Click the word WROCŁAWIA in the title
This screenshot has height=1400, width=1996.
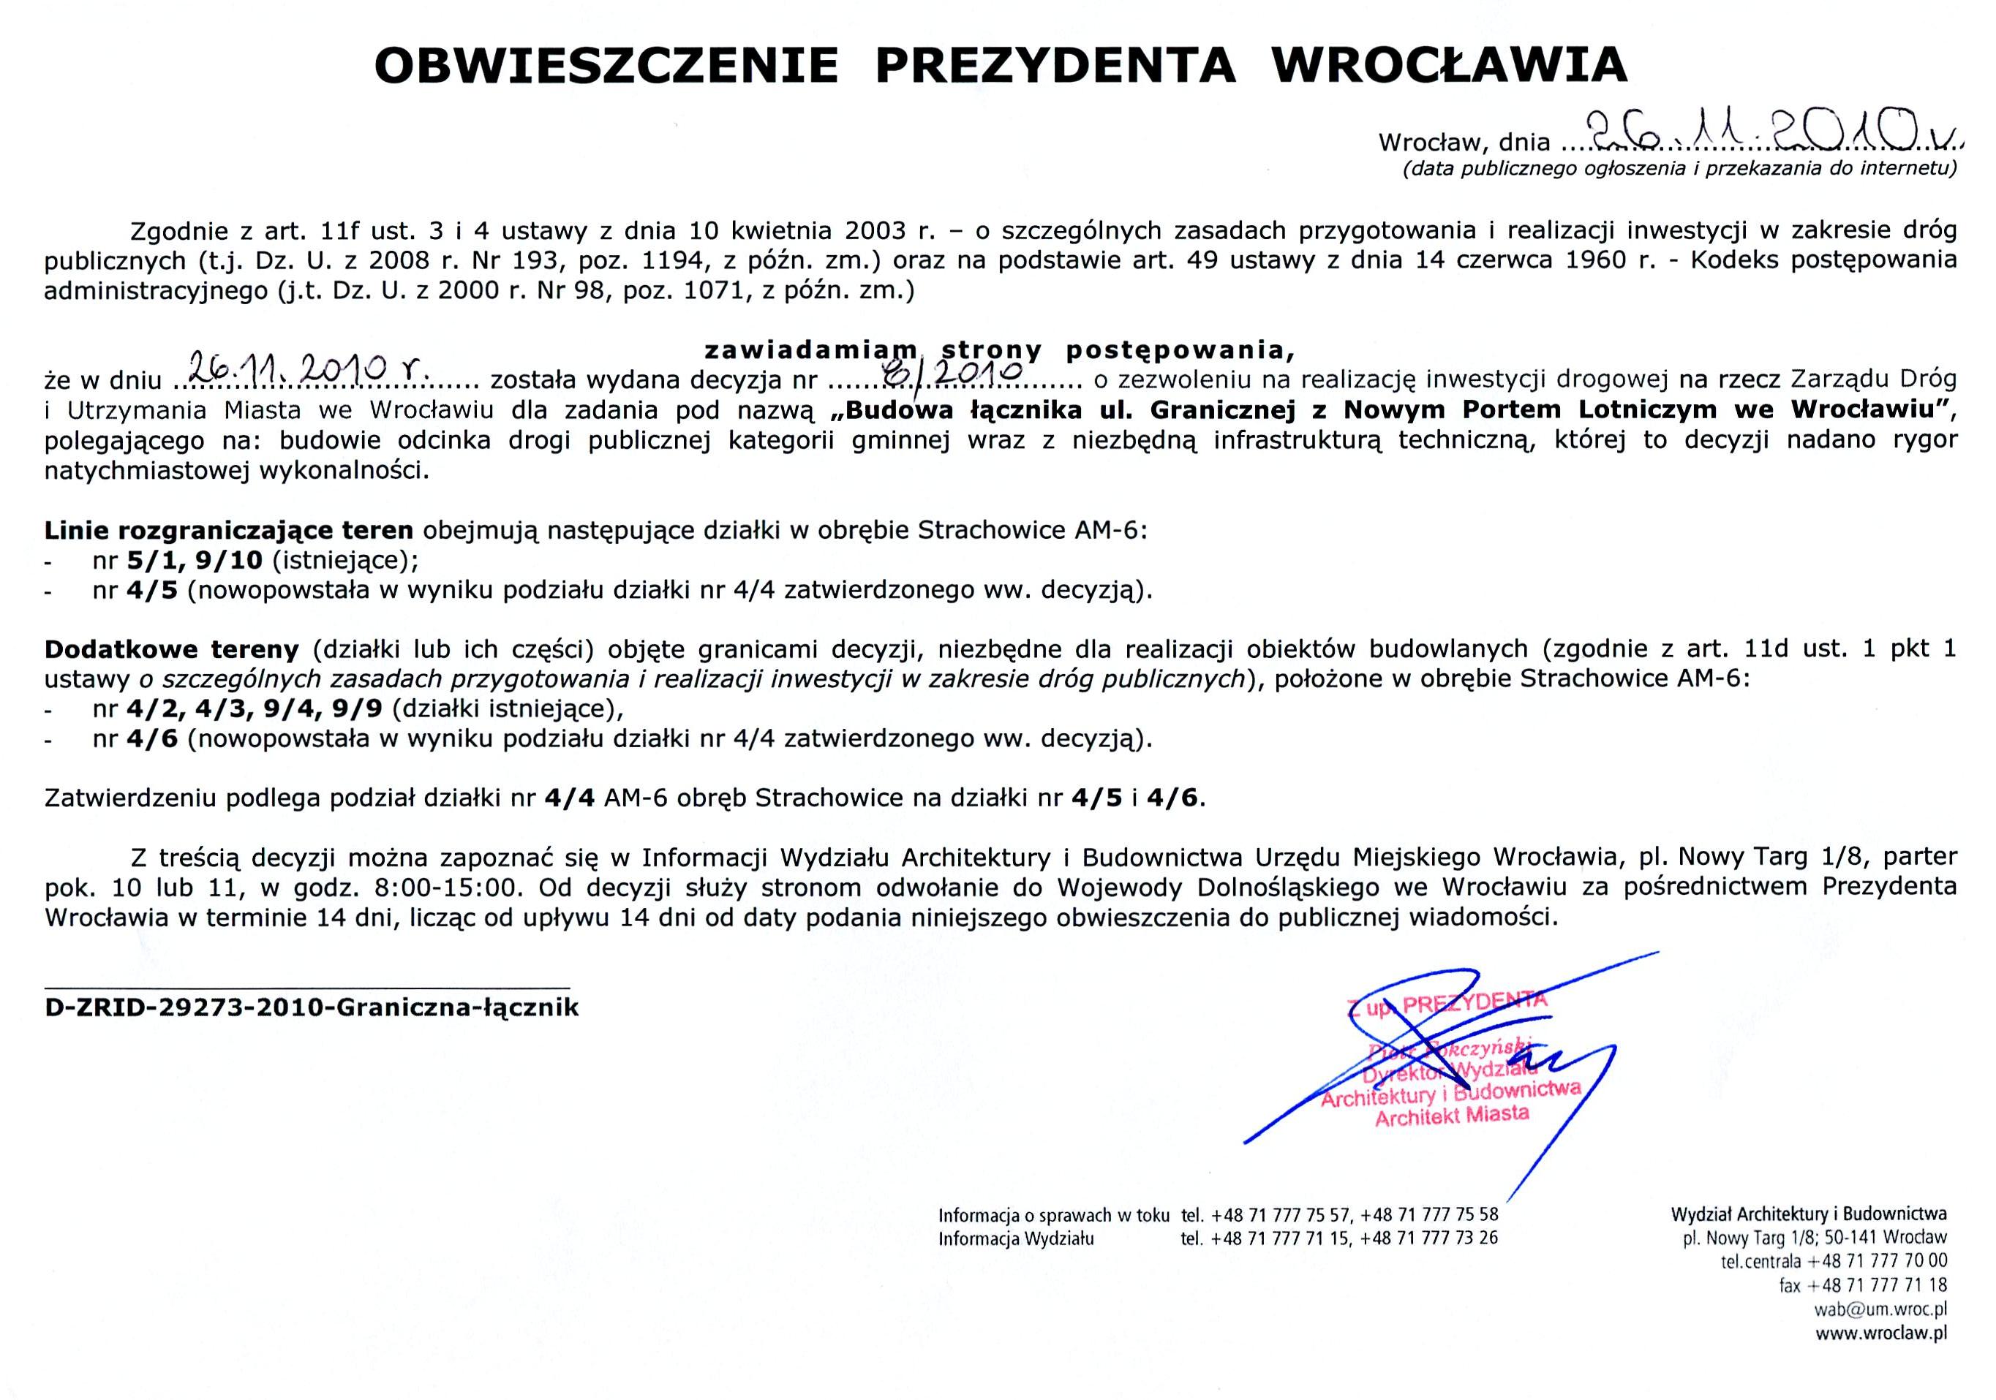tap(1448, 65)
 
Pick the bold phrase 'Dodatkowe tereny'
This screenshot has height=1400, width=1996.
tap(172, 649)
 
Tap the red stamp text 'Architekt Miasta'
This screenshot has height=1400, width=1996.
tap(1451, 1115)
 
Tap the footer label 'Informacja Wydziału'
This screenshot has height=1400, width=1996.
tap(1015, 1239)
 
